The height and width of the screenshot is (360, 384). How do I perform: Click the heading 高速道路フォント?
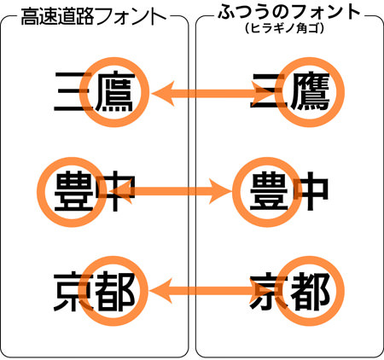tap(94, 16)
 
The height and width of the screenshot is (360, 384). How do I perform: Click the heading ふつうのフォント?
tap(289, 12)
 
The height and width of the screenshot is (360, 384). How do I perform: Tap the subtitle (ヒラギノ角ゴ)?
tap(285, 28)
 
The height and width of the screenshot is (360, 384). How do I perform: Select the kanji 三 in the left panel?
tap(73, 91)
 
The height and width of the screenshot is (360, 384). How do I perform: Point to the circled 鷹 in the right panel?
tap(310, 91)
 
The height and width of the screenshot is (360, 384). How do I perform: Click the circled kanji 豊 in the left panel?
tap(74, 191)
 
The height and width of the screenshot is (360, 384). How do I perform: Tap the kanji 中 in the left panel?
tap(115, 191)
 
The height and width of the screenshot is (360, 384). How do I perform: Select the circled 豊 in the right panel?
tap(269, 190)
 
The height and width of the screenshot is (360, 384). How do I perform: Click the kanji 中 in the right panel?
tap(310, 191)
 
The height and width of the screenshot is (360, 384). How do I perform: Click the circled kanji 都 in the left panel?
tap(115, 291)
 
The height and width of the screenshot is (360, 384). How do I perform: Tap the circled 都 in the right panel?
tap(310, 291)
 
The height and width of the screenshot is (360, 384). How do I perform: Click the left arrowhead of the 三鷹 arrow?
tap(163, 94)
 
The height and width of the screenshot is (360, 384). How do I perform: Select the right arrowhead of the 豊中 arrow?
tap(219, 191)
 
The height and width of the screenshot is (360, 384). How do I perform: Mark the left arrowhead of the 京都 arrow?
tap(161, 291)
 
